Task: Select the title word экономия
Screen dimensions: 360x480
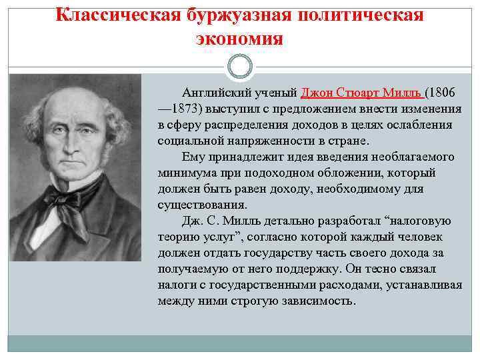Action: pos(239,39)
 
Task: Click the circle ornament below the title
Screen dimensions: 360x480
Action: pos(239,67)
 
